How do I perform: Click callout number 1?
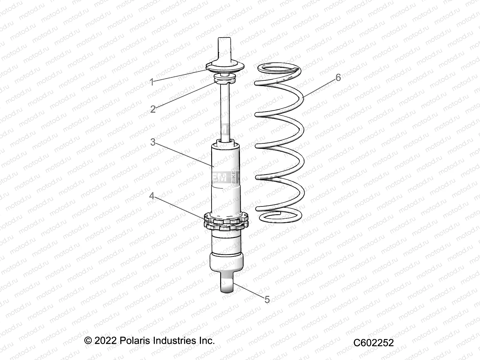(152, 82)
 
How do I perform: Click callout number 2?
(153, 109)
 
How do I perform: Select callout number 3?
(153, 142)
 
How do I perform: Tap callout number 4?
(152, 196)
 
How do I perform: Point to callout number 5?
(267, 299)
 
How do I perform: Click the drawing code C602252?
(373, 343)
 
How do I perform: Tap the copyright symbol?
(88, 341)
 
